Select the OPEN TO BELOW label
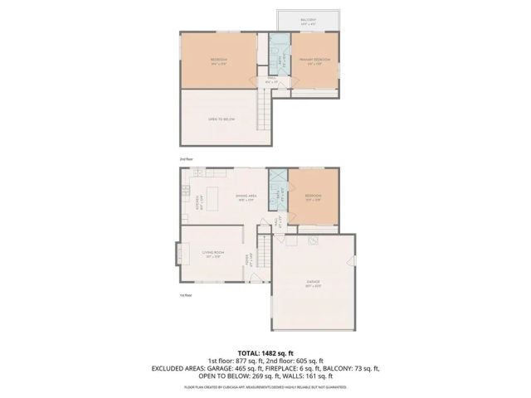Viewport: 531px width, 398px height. coord(222,119)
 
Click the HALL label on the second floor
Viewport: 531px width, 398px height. coord(270,80)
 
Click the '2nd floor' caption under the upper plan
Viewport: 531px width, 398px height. coord(186,158)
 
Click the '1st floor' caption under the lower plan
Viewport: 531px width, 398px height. coord(186,294)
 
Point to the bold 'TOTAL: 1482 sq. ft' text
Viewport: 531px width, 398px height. coord(265,352)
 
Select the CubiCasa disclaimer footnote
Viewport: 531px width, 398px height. coord(265,387)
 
